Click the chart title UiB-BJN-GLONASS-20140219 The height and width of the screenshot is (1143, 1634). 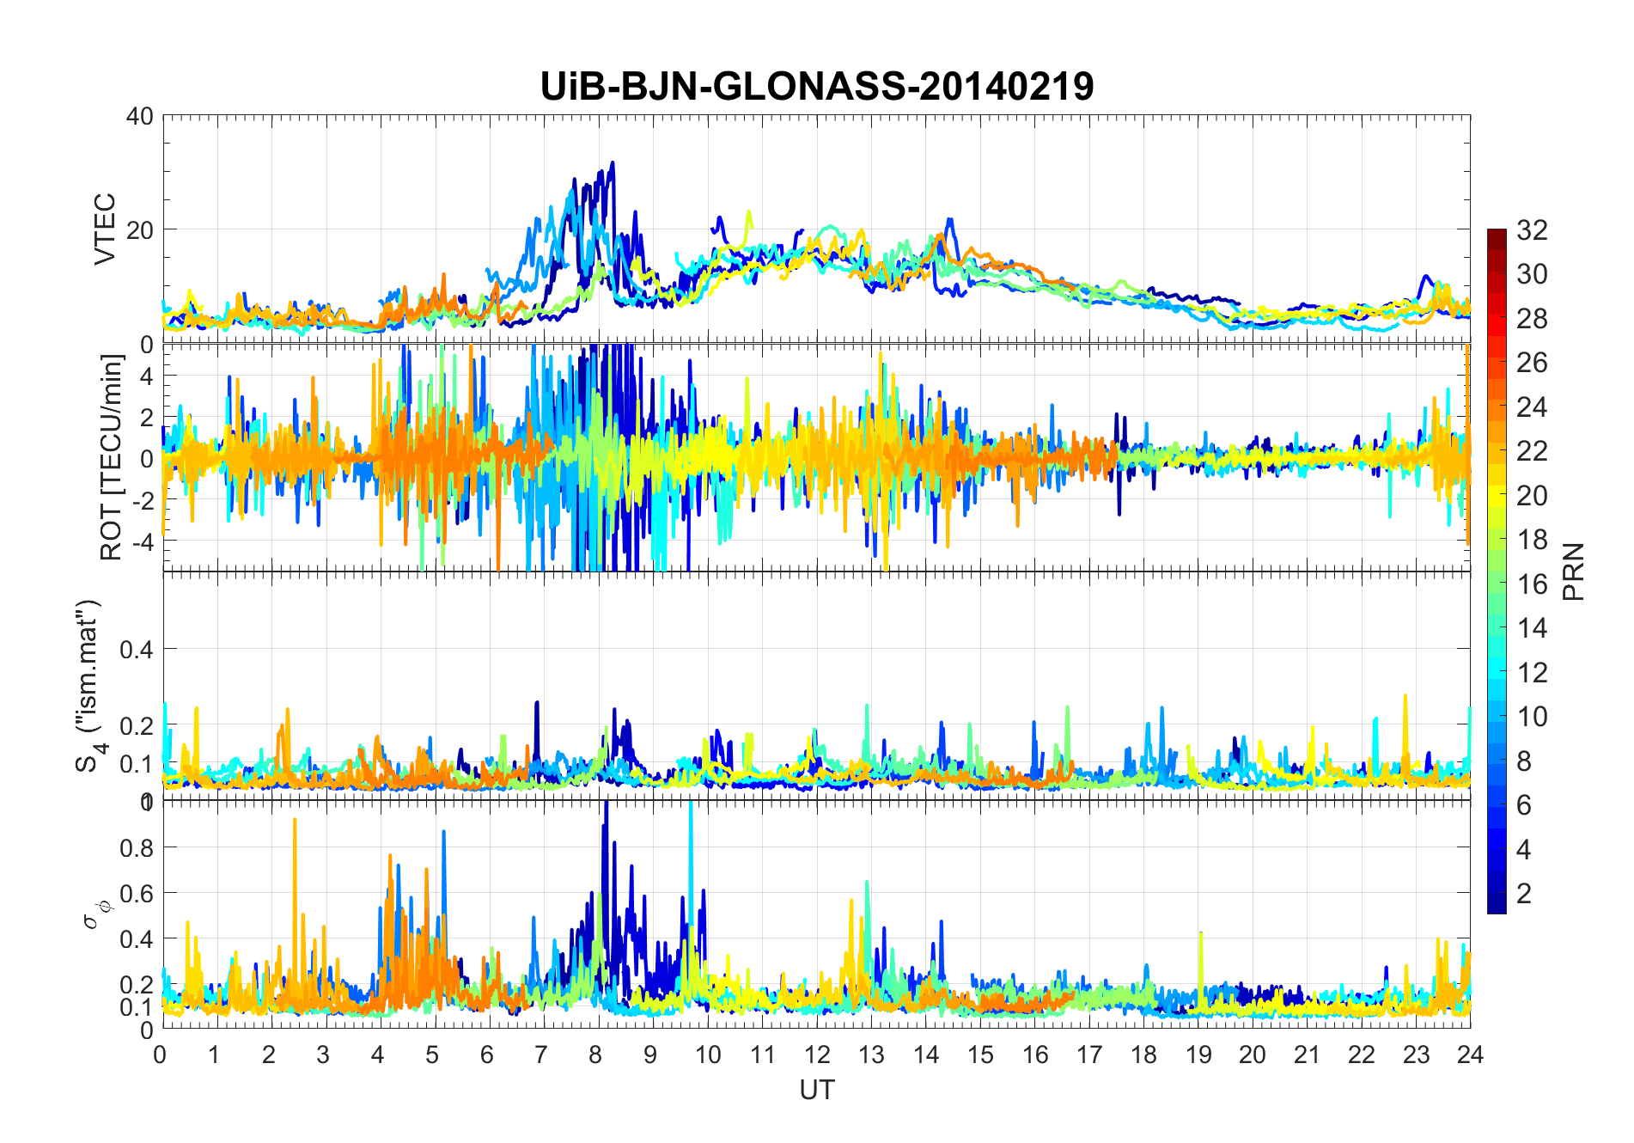click(816, 87)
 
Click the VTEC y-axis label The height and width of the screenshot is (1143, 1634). click(105, 229)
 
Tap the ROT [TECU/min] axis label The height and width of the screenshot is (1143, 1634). click(112, 457)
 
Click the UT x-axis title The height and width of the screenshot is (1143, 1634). click(816, 1090)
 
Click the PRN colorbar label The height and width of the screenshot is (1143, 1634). click(1573, 571)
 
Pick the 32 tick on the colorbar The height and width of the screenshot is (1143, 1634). click(1532, 229)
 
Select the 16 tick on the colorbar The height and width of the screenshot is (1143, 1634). click(1532, 584)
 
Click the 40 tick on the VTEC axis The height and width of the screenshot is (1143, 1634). click(139, 116)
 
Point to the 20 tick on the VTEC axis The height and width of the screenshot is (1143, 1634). click(139, 229)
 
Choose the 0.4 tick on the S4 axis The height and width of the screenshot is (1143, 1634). click(136, 649)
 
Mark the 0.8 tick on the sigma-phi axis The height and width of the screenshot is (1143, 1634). click(136, 847)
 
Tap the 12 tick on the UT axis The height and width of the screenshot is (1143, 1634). click(816, 1054)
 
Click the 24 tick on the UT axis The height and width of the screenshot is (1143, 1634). click(1470, 1054)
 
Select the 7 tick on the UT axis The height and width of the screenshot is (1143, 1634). click(542, 1054)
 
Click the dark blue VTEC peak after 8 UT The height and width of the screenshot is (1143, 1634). click(612, 162)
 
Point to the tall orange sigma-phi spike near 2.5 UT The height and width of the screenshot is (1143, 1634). click(295, 820)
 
